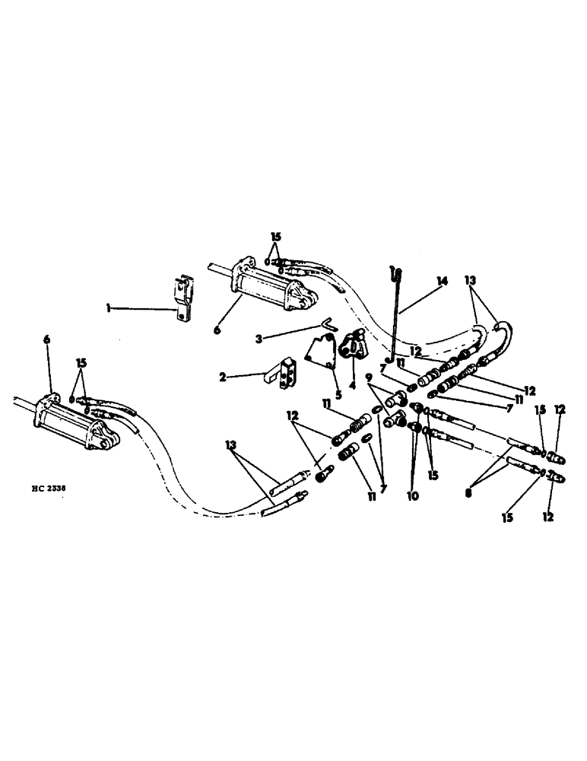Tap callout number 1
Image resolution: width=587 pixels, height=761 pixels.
[x=109, y=308]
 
